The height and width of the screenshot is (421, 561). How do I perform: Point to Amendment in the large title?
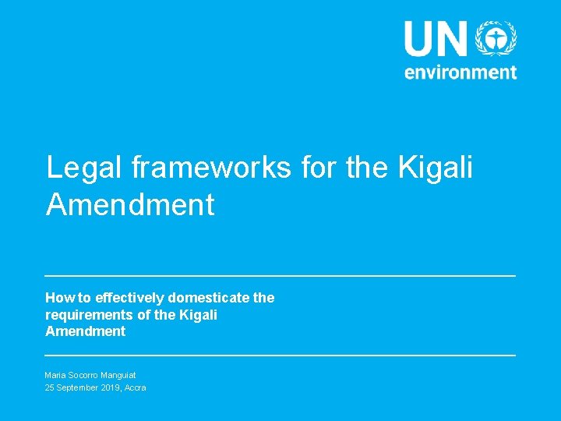pos(130,204)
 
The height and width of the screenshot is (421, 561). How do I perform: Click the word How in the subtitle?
pos(58,298)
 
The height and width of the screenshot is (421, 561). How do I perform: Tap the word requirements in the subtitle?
pos(84,314)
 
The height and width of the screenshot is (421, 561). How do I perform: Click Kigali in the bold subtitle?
pos(198,314)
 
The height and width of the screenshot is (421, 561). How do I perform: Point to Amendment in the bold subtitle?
pos(85,331)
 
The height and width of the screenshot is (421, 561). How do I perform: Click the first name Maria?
pos(56,375)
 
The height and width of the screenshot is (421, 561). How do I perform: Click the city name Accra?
pos(135,387)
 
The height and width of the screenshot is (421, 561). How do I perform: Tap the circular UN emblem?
pos(496,38)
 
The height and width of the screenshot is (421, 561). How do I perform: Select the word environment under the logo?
pos(460,72)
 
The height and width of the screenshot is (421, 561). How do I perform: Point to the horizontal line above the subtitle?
pos(280,276)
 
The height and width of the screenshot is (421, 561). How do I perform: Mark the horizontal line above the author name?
pos(280,356)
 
